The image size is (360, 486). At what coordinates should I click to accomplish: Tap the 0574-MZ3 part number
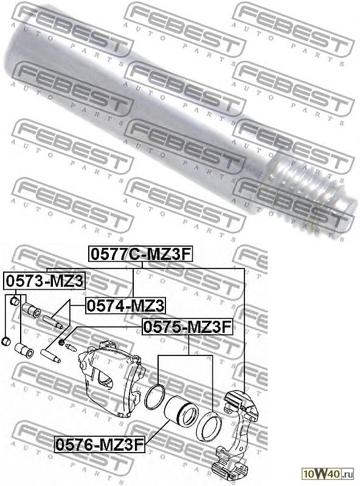tap(125, 305)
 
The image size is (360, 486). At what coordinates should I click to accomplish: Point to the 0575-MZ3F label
tap(187, 327)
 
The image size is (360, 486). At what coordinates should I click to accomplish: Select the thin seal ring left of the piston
tap(155, 398)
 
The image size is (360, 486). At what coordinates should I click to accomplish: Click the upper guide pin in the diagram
tap(54, 321)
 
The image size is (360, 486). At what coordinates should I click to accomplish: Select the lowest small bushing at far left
tap(6, 340)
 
